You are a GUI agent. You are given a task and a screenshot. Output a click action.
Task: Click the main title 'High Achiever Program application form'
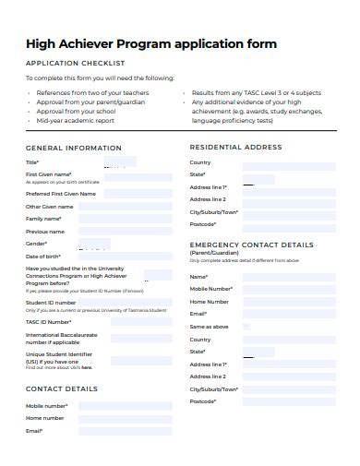coord(151,43)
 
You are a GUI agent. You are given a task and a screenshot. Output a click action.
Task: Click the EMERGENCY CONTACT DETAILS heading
coord(251,245)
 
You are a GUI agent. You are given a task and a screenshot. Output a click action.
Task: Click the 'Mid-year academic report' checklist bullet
coord(76,120)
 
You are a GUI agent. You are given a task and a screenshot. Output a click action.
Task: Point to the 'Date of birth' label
coord(43,256)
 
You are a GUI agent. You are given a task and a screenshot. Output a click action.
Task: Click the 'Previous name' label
coord(45,232)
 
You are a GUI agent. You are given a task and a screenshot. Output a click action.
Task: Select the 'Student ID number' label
coord(51,302)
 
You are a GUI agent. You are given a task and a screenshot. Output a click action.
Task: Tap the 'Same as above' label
coord(209,327)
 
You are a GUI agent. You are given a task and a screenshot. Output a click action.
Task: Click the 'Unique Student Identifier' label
coord(60,354)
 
